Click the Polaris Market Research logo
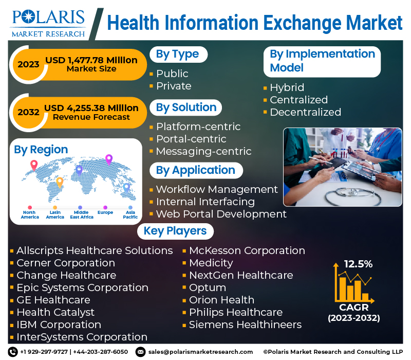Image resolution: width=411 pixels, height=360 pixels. [x=48, y=23]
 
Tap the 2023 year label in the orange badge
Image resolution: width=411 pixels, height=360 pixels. [x=28, y=65]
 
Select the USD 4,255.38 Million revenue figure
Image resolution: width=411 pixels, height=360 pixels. [x=91, y=108]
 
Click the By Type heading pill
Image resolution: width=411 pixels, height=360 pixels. [x=178, y=55]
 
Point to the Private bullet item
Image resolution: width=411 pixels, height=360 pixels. [x=174, y=86]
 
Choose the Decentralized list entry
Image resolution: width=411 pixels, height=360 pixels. [x=305, y=112]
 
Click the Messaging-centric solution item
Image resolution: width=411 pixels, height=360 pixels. [x=203, y=151]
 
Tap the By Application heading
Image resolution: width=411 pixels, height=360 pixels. [x=196, y=170]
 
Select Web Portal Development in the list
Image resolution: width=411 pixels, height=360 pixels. [x=221, y=214]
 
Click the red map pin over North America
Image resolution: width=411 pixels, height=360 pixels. [x=34, y=165]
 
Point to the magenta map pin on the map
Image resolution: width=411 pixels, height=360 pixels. [x=109, y=159]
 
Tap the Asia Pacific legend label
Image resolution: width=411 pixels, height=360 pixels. [x=130, y=214]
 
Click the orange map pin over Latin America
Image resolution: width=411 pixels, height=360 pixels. [x=60, y=182]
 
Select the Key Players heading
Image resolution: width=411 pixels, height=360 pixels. [x=175, y=231]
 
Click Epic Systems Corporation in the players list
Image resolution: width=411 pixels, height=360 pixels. [x=83, y=288]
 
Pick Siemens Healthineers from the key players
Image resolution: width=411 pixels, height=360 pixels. [x=246, y=325]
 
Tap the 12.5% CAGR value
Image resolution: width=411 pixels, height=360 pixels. [x=358, y=264]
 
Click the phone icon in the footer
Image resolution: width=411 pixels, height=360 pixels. [x=13, y=352]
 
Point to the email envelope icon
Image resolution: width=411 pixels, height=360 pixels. [x=140, y=352]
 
